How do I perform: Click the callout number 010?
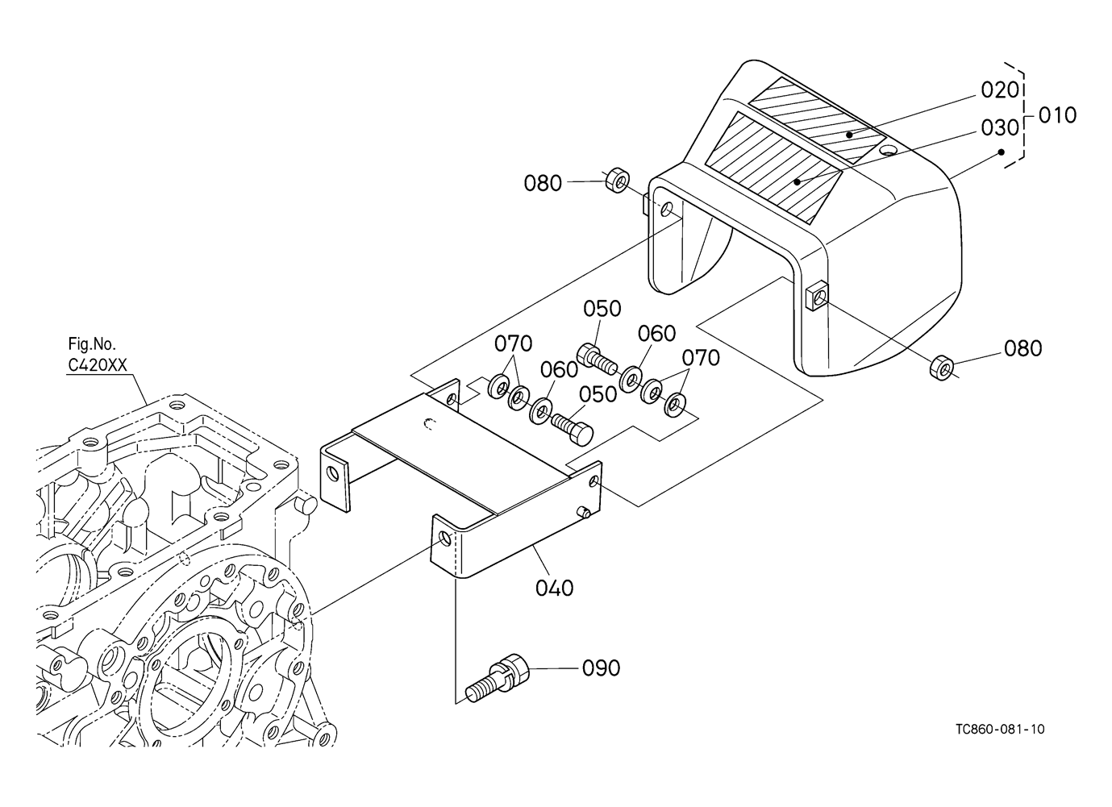click(x=1056, y=115)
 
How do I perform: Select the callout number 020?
click(x=1001, y=89)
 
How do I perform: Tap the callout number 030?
click(x=1001, y=127)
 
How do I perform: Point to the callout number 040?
click(x=555, y=588)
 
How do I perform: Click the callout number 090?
click(x=602, y=668)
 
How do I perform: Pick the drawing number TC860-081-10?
click(x=1000, y=729)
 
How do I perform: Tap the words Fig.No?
click(x=93, y=347)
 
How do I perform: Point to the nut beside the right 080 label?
click(x=941, y=368)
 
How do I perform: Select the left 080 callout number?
click(x=543, y=184)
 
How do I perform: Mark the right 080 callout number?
click(x=1022, y=348)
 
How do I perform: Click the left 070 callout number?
click(x=514, y=344)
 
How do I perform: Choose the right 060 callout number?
click(x=657, y=334)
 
